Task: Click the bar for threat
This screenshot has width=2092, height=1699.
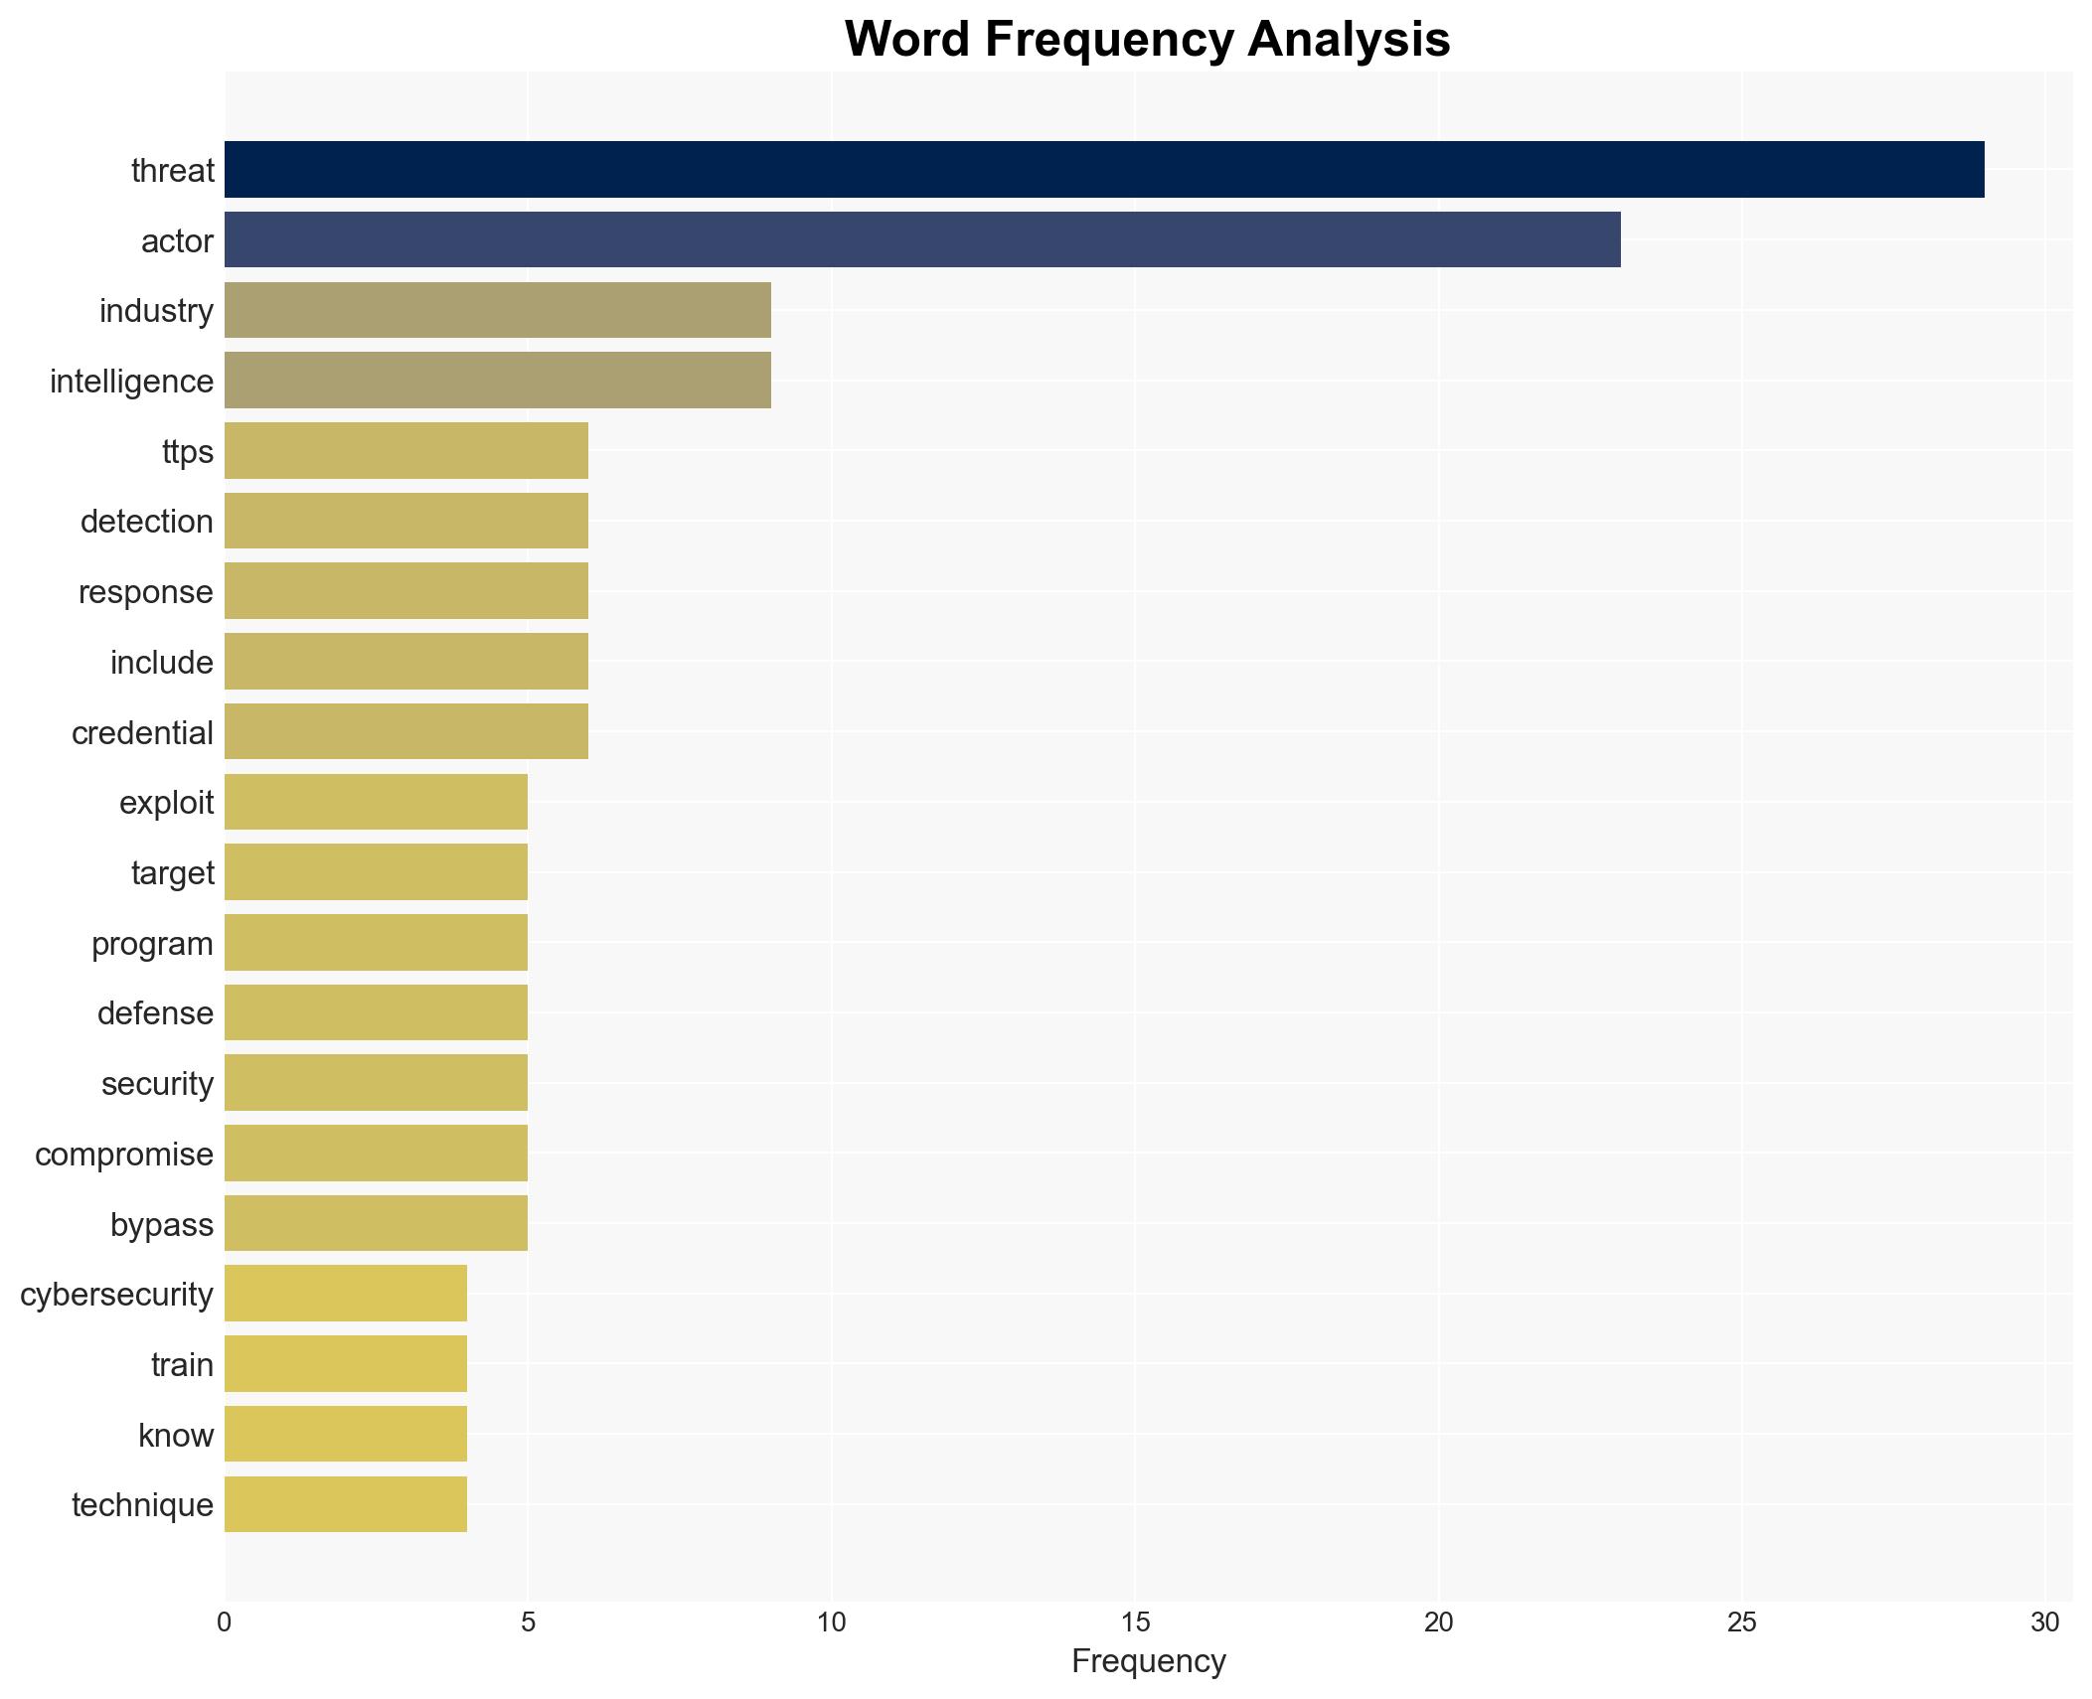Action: pos(1103,170)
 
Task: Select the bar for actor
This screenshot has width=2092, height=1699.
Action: pos(921,239)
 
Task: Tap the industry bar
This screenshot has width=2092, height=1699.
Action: pos(497,310)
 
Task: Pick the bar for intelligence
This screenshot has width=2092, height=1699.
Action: pos(497,381)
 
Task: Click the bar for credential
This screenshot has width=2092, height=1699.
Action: pos(405,731)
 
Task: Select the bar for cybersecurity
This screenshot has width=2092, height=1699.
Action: pos(345,1294)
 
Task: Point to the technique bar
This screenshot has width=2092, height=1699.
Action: pos(345,1504)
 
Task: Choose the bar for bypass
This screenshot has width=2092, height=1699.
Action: pos(376,1223)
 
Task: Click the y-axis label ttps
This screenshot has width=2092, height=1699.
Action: pos(188,452)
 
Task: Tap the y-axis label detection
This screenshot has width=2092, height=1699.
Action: pos(147,522)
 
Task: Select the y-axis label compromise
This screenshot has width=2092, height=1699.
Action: pos(124,1155)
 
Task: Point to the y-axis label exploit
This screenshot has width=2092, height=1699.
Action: pos(166,803)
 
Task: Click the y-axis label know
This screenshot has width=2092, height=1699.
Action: pos(176,1436)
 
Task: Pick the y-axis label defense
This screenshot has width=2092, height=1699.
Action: pos(155,1013)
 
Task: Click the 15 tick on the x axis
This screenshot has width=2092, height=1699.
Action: pos(1135,1622)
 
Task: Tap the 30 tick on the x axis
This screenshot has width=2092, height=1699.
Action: pos(2044,1622)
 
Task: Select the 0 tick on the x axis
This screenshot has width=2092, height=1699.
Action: pos(225,1622)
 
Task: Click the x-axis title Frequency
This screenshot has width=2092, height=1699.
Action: pos(1148,1661)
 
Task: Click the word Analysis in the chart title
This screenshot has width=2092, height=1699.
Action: pos(1349,40)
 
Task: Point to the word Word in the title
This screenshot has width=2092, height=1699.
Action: pos(906,40)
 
